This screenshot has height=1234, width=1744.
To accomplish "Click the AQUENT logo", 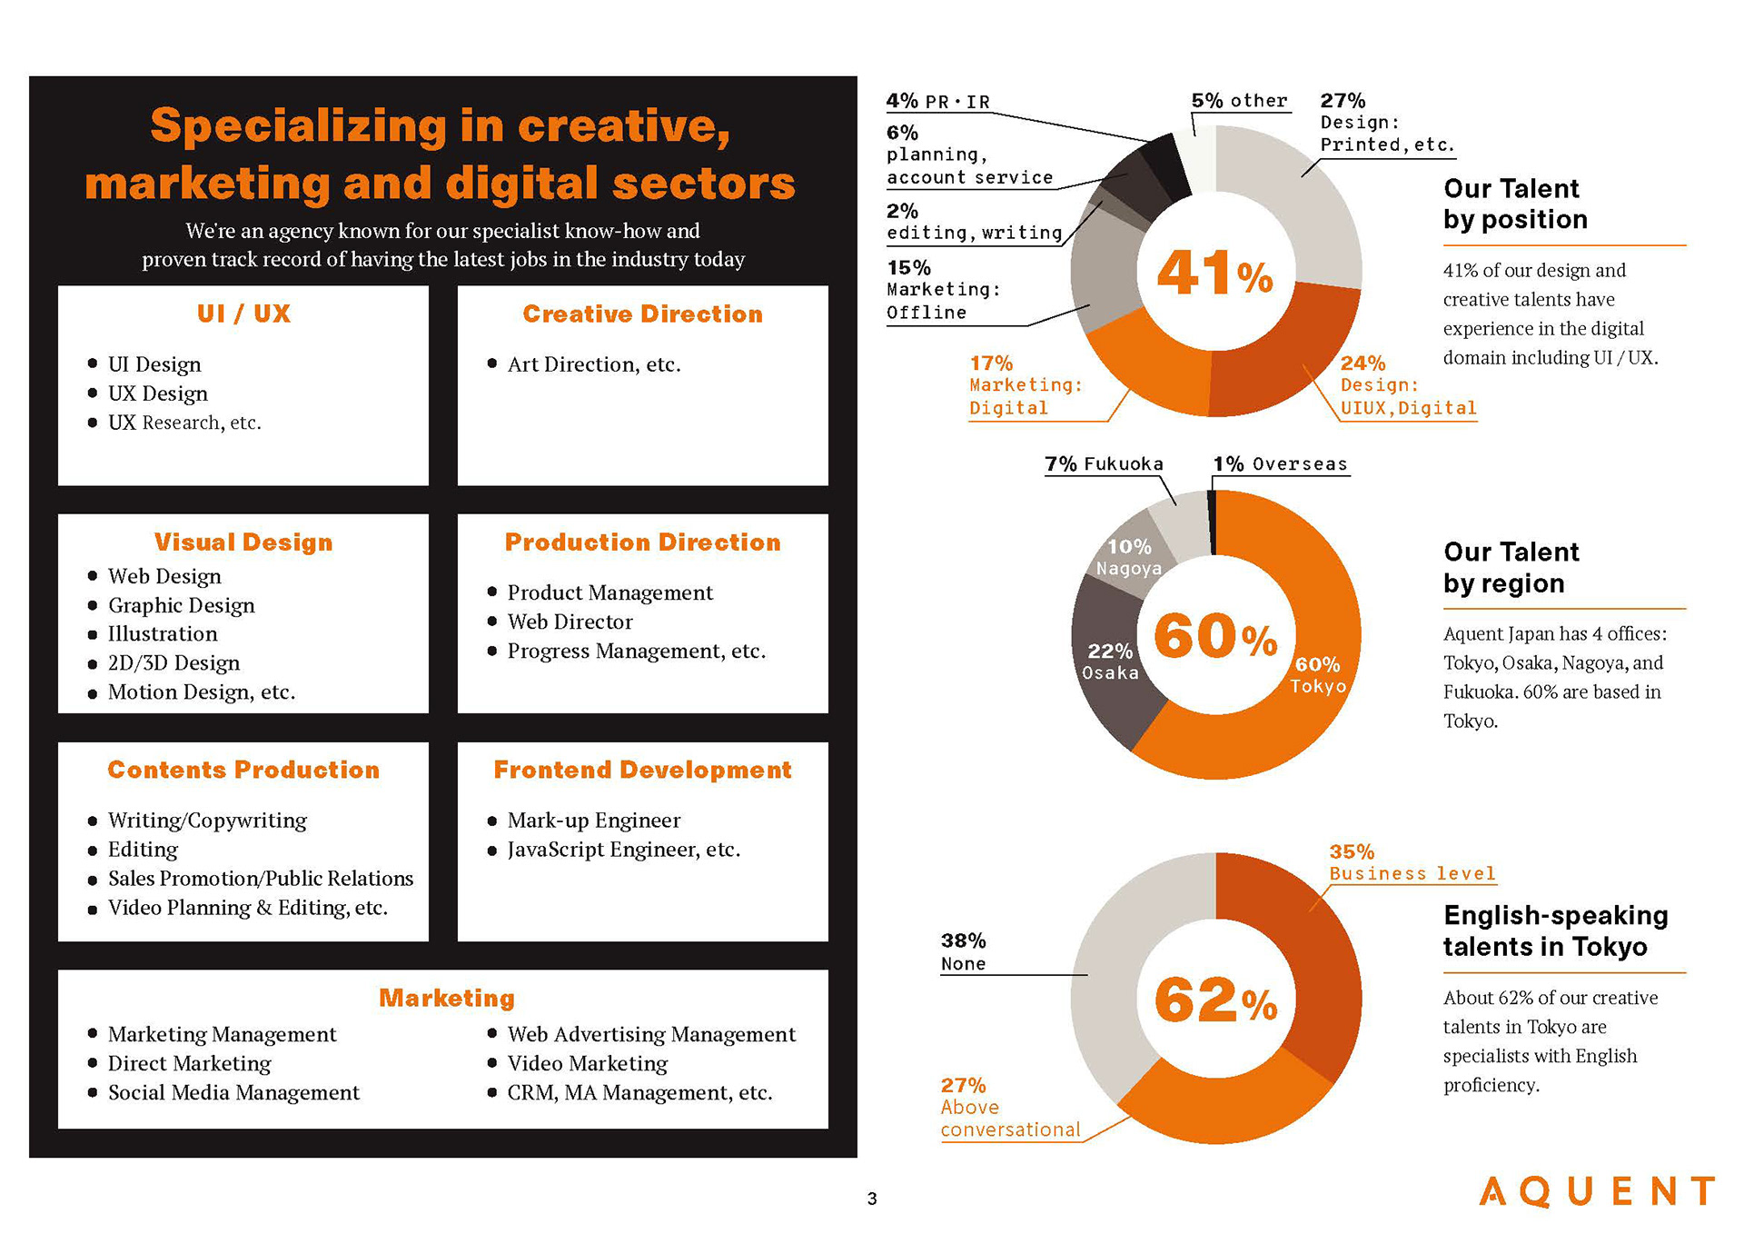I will click(1596, 1191).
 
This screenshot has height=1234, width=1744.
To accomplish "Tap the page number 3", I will click(872, 1199).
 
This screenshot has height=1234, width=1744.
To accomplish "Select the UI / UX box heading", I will click(243, 313).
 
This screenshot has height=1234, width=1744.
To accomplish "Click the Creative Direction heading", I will click(642, 313).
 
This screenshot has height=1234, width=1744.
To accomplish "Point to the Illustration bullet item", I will click(163, 634).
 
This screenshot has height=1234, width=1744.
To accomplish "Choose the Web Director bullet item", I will click(570, 622).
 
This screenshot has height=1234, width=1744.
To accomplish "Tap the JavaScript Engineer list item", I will click(623, 850).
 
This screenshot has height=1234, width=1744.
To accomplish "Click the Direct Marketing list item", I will click(189, 1063).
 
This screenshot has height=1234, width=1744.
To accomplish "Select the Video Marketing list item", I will click(587, 1063).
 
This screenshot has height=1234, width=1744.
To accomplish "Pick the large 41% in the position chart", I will click(1214, 273).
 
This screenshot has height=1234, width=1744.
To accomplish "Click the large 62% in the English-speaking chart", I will click(1214, 1000).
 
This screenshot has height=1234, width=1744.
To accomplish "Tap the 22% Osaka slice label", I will click(1110, 662).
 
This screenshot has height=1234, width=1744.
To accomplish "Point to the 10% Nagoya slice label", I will click(1129, 557).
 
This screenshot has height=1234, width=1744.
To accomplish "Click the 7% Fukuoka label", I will click(1104, 464).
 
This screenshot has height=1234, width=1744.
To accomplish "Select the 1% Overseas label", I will click(1280, 464).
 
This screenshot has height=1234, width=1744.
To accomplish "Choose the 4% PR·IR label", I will click(938, 101).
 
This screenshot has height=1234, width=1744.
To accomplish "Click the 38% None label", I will click(964, 951).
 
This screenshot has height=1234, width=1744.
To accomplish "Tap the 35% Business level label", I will click(1412, 862).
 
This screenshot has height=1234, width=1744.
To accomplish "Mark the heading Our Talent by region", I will click(1511, 568).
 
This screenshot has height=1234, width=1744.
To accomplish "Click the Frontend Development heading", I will click(642, 770).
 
